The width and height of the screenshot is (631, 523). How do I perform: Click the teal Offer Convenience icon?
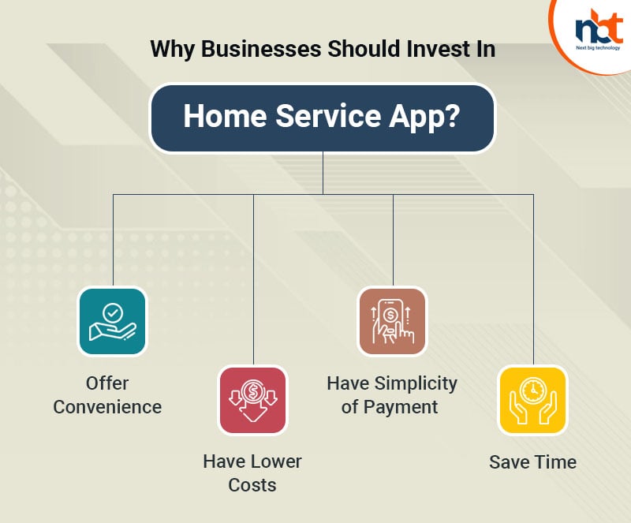coord(112,322)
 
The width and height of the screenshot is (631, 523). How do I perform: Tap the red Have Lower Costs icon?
coord(253,400)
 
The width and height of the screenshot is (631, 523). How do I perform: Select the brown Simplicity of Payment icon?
coord(392,321)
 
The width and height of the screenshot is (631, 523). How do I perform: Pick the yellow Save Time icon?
coord(532,400)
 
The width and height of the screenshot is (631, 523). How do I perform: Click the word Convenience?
coord(107,407)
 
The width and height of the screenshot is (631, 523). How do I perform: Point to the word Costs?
coord(252,484)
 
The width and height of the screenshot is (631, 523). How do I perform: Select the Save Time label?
coord(532,461)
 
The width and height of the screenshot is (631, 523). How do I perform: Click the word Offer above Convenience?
coord(107,383)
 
